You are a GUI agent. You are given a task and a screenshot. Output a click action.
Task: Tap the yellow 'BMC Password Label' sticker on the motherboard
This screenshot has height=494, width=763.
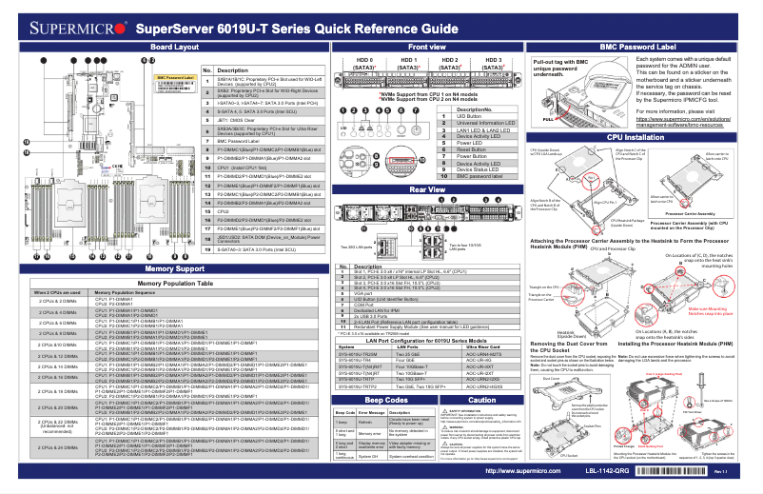pos(175,78)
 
